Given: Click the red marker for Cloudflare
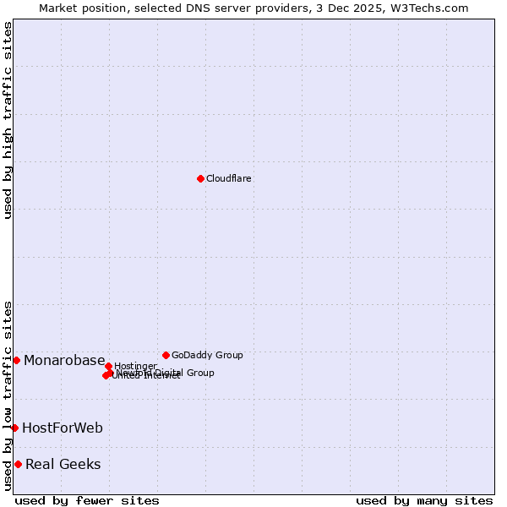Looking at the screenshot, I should point(200,178).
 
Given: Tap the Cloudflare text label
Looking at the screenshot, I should point(229,178).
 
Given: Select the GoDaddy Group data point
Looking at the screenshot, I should point(166,355).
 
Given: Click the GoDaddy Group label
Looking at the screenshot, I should point(207,355).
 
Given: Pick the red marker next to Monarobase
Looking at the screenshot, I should point(16,360).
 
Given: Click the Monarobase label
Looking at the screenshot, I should point(64,361).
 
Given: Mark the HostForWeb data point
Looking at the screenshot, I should point(14,428).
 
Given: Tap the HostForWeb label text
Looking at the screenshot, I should point(63,428).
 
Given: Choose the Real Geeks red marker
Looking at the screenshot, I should point(18,464).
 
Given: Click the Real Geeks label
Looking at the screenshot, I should point(63,464).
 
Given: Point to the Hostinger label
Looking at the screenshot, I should point(135,366).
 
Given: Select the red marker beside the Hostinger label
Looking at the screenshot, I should point(109,366).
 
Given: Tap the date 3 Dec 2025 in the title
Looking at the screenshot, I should point(363,8).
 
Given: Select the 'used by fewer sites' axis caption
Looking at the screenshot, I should point(87,501).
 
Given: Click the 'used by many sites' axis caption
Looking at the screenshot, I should point(424,501).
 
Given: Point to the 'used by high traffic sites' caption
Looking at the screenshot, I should point(8,120).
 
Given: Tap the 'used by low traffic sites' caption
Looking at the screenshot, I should point(8,395).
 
